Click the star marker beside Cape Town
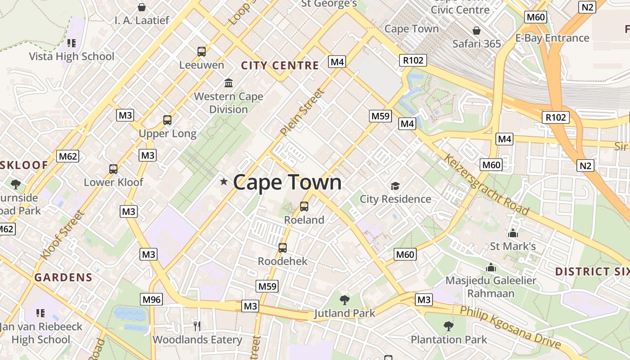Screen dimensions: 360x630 [224, 182]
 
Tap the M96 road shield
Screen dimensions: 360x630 [151, 299]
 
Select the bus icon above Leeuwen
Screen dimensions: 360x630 [201, 52]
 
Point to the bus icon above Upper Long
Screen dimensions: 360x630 [167, 120]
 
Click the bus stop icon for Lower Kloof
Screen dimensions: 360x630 [113, 169]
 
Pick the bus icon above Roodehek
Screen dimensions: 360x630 [283, 248]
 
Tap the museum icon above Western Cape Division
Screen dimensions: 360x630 [229, 83]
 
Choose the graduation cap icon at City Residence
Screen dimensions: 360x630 [395, 186]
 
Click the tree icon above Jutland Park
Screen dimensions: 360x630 [345, 300]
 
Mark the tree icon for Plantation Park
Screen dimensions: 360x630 [448, 326]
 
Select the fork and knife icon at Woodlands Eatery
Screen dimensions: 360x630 [197, 326]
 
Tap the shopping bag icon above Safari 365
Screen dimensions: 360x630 [477, 31]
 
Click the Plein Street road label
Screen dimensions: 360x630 [302, 112]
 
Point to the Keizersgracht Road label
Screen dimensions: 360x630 [486, 184]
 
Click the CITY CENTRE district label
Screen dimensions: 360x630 [280, 66]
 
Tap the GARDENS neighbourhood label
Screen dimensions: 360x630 [63, 277]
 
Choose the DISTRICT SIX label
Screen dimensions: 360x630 [592, 272]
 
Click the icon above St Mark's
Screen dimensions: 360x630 [513, 233]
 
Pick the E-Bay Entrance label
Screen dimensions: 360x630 [552, 38]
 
